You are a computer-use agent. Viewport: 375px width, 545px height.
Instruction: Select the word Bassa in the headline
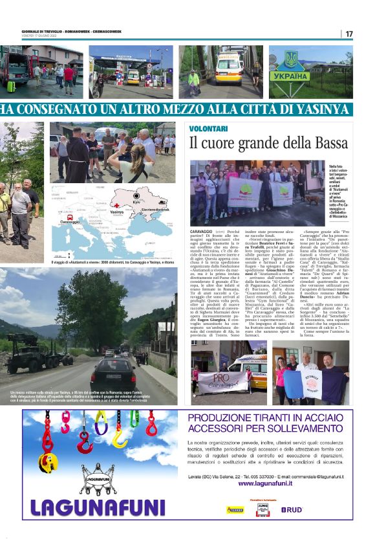click(x=331, y=142)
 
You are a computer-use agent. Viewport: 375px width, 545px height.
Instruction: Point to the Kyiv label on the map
click(x=136, y=201)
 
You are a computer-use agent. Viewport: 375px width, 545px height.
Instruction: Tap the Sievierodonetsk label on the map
click(x=155, y=210)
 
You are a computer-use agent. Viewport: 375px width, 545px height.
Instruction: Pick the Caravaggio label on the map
click(x=70, y=221)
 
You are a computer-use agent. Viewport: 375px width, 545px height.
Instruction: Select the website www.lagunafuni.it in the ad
click(x=272, y=483)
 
